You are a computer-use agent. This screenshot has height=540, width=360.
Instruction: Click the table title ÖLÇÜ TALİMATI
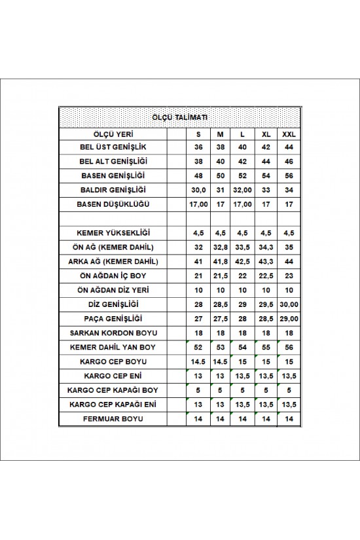180,117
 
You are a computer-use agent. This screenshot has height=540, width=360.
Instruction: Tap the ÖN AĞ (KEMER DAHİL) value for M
221,247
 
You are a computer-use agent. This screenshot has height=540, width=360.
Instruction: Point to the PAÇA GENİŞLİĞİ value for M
221,318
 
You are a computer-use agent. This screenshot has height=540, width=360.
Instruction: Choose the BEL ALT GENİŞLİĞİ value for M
221,162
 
